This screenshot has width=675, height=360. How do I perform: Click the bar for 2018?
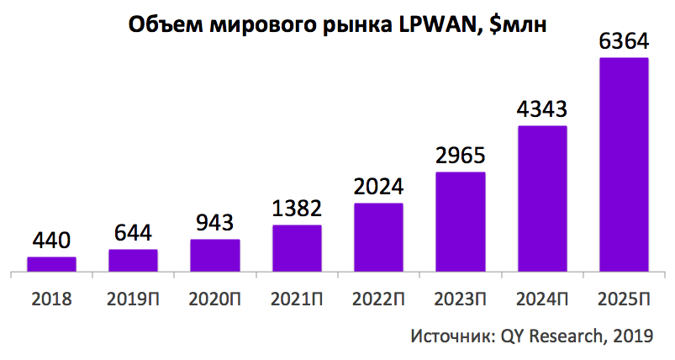(x=51, y=264)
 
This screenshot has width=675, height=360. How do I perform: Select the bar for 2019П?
(x=133, y=261)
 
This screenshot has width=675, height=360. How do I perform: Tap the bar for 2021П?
(x=297, y=248)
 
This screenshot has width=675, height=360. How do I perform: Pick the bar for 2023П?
(x=460, y=222)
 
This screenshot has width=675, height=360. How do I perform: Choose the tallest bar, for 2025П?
(x=623, y=165)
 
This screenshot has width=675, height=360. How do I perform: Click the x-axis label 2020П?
(x=214, y=299)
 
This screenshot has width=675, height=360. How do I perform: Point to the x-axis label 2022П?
(x=378, y=299)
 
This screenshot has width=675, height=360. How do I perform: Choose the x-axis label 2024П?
(x=541, y=299)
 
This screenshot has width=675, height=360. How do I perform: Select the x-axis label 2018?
(x=51, y=299)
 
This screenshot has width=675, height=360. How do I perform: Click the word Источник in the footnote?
(x=450, y=336)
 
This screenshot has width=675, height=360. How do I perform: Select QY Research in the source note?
(x=551, y=336)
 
